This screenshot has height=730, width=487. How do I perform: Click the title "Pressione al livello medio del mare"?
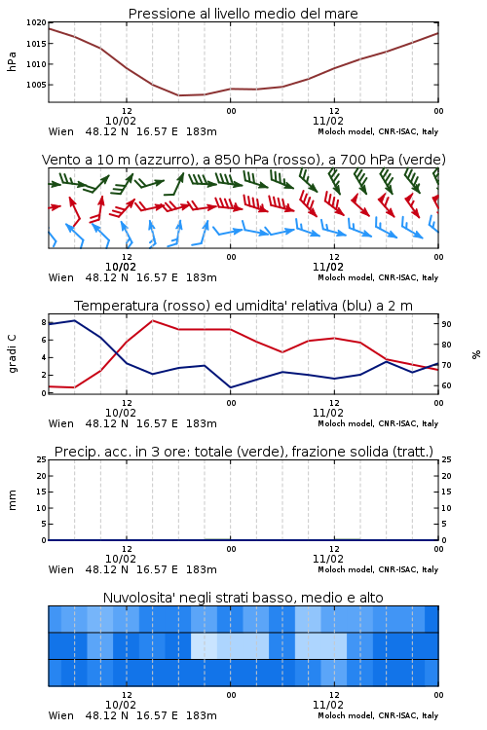(243, 14)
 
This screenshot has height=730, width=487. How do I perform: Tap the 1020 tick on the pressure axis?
(36, 22)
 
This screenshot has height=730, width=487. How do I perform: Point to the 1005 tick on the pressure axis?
(36, 85)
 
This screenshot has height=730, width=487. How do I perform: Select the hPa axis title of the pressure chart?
(12, 61)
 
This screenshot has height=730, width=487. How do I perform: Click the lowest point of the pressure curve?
(179, 95)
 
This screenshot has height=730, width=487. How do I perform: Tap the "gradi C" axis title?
(13, 353)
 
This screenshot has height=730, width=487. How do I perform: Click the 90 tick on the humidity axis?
(446, 324)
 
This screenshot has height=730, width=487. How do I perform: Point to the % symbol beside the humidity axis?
(476, 354)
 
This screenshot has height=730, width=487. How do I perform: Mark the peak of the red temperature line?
(153, 320)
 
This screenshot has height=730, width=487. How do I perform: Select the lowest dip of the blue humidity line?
(231, 387)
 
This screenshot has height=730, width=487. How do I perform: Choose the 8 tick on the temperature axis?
(44, 322)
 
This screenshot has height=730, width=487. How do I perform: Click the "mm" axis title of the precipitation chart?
(12, 499)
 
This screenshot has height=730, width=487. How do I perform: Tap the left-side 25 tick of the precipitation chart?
(42, 459)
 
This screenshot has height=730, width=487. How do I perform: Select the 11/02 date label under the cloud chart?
(328, 705)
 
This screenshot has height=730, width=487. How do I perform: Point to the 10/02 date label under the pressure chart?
(121, 121)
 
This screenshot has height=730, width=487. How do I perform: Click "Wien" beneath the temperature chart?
(61, 423)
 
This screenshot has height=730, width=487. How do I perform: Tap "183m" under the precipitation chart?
(202, 569)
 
